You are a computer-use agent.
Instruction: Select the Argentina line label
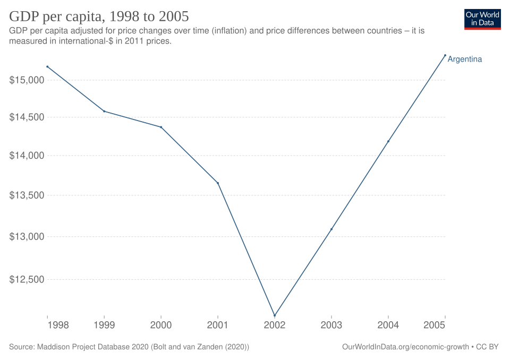[465, 59]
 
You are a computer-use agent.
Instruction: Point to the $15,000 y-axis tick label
[25, 80]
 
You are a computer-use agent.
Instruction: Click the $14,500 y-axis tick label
[25, 117]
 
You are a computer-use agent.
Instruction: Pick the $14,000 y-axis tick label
[25, 156]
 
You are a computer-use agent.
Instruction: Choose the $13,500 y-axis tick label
[25, 195]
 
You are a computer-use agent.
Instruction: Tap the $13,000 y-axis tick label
[25, 236]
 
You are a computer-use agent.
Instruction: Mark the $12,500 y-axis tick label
[25, 279]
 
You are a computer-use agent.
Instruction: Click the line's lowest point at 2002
[275, 315]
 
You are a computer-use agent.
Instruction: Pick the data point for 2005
[445, 55]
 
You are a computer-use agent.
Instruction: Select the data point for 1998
[48, 66]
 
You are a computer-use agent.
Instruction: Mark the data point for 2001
[218, 183]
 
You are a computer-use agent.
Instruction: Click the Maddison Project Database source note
[129, 347]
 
